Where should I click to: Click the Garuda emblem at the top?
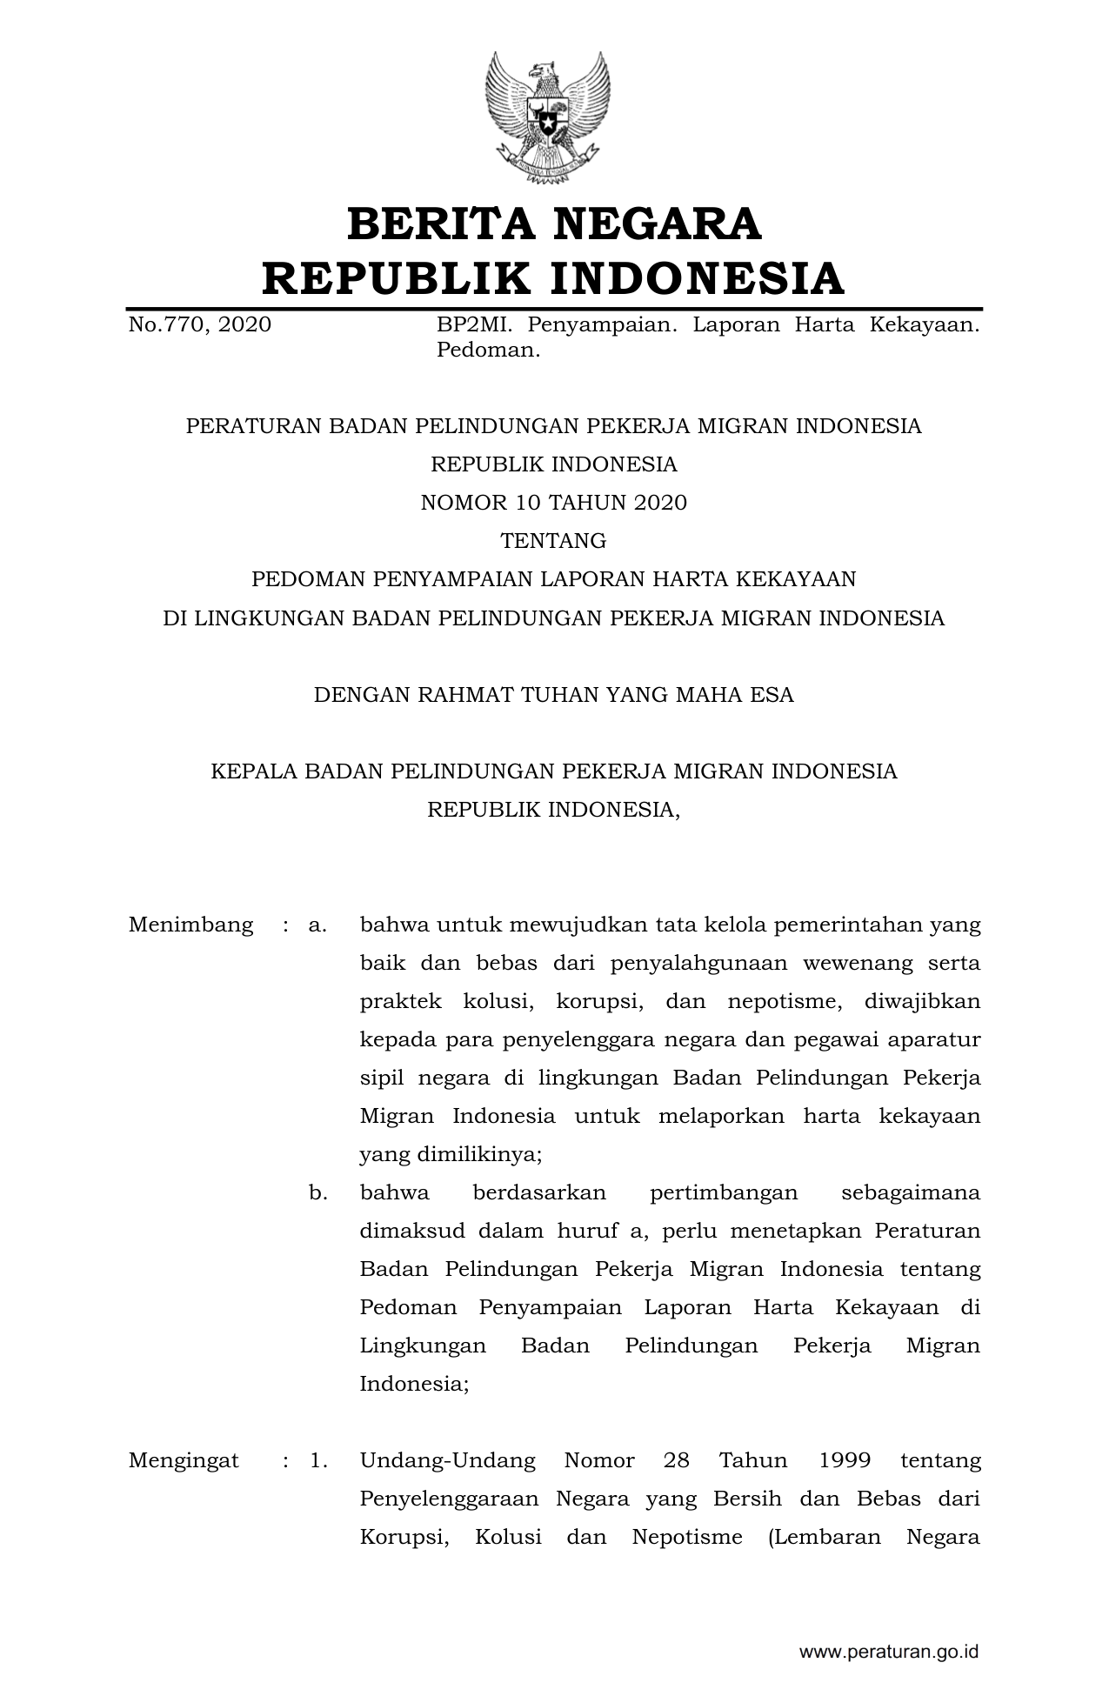click(548, 117)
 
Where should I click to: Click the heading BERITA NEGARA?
click(554, 224)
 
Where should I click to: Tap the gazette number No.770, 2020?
click(199, 325)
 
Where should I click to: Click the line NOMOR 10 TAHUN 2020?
click(553, 503)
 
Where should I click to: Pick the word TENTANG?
click(553, 541)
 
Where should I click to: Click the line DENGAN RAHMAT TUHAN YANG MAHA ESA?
click(553, 695)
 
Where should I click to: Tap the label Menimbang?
click(190, 925)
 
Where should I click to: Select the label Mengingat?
click(184, 1460)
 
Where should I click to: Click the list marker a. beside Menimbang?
click(317, 925)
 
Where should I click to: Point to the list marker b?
click(317, 1192)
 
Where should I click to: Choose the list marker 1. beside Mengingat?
click(318, 1460)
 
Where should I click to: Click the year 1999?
click(845, 1460)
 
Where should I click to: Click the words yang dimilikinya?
click(451, 1154)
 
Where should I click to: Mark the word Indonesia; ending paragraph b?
click(414, 1384)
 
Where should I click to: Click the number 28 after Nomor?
click(676, 1460)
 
